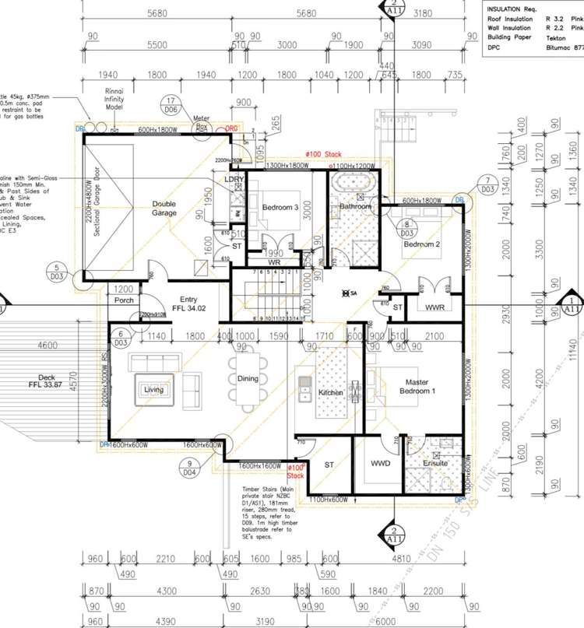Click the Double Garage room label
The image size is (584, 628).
coord(164,208)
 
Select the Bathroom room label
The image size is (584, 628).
coord(354,207)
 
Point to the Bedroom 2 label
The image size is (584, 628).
coord(422,244)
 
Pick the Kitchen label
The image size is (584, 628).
coord(331,393)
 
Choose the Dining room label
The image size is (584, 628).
coord(248,379)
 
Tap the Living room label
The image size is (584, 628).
coord(153,390)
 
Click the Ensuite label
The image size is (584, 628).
coord(434,464)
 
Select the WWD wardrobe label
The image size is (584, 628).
coord(380,464)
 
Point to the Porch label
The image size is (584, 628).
coord(125,300)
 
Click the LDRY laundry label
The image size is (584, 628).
coord(234,180)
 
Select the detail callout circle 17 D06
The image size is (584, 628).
coord(170,105)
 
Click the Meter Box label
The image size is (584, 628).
coord(202,122)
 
